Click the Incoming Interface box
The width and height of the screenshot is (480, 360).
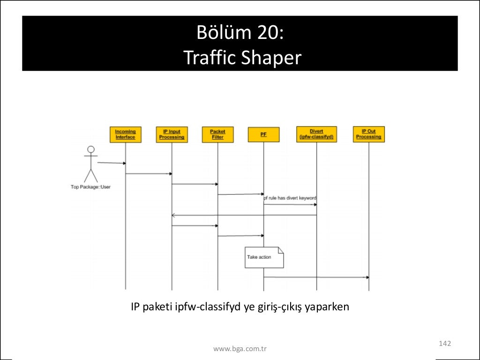coord(125,135)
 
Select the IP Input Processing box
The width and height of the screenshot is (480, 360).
coord(172,135)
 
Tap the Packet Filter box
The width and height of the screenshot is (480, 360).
coord(217,135)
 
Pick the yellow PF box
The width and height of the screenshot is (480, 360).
coord(263,135)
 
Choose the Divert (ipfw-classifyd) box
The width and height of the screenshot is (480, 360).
coord(316,135)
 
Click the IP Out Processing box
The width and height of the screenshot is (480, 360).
coord(368,135)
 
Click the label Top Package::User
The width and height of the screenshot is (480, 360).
coord(90,187)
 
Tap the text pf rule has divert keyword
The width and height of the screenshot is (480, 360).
coord(290,198)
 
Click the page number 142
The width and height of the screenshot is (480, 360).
coord(444,344)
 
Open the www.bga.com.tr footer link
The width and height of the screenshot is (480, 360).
coord(240,349)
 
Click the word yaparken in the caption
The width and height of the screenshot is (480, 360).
coord(327,307)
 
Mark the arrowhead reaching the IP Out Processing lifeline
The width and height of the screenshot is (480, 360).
coord(367,277)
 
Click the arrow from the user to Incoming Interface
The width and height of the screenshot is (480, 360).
coord(112,163)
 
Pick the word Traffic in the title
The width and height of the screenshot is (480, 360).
coord(209,58)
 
